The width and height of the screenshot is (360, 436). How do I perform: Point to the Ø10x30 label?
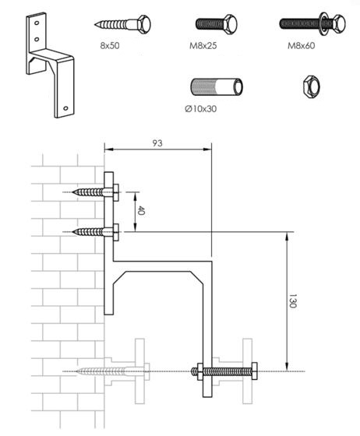coord(201,108)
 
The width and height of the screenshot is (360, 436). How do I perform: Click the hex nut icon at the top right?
coord(310,85)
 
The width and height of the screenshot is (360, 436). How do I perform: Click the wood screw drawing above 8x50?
coord(124,23)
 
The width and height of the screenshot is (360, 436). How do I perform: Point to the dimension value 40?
coord(141,210)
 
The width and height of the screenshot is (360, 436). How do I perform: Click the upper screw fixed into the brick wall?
coord(94,192)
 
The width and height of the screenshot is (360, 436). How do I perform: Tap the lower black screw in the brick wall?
coord(94,231)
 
